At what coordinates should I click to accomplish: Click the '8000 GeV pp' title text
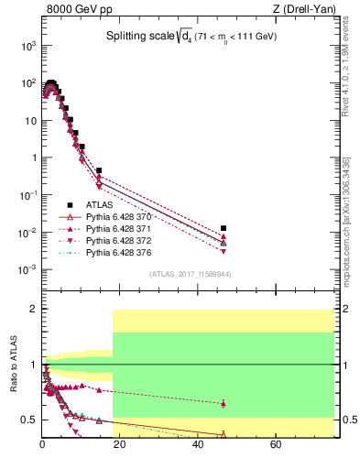[x=72, y=11]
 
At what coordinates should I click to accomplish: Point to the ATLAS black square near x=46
[x=224, y=228]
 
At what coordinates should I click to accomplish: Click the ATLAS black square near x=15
[x=99, y=170]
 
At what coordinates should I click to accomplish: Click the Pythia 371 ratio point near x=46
[x=224, y=403]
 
